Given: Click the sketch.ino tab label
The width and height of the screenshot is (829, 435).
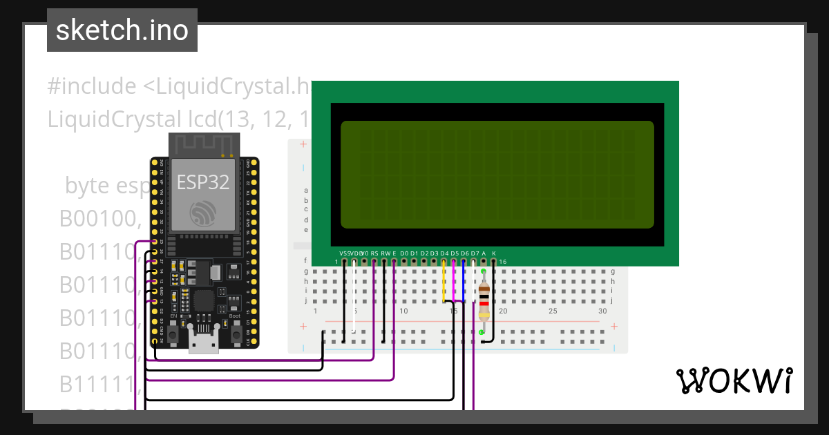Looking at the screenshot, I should point(122,30).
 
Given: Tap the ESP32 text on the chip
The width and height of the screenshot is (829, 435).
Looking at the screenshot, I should point(203,182).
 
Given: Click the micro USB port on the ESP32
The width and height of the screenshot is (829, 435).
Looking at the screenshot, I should point(203,342).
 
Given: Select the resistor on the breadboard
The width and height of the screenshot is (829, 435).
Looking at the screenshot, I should point(484,301).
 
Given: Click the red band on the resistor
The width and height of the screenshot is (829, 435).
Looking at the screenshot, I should point(484,303).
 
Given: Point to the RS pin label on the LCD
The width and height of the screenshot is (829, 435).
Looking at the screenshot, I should point(374,253).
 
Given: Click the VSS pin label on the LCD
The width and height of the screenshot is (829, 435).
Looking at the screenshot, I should point(345,253).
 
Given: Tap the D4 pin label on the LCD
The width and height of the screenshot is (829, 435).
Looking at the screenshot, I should point(444,253).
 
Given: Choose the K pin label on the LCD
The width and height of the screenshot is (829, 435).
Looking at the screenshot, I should point(493,253).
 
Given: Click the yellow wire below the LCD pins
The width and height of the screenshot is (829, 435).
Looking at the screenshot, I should point(444,283).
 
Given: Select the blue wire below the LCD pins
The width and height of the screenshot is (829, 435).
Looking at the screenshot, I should point(464,283).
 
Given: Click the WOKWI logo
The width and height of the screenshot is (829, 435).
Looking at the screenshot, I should point(734,380).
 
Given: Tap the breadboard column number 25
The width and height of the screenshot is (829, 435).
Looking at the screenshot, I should point(553,311).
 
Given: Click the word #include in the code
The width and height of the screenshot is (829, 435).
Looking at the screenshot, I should point(92,86).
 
